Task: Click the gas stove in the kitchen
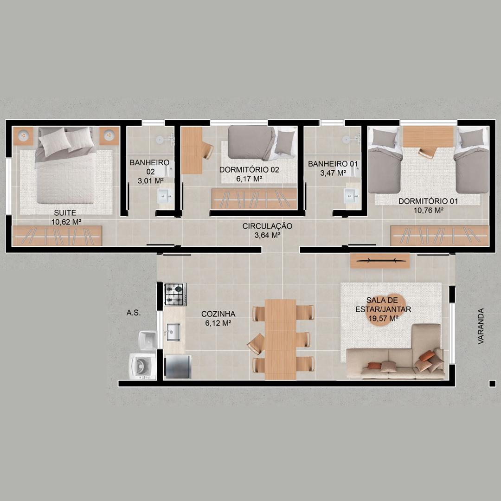[175, 294]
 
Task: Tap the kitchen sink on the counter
[173, 332]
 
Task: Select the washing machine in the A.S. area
[142, 366]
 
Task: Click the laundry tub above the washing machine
[148, 341]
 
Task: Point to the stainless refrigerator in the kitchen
[178, 367]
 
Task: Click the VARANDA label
[481, 326]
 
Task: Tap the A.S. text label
[133, 313]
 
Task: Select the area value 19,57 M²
[383, 319]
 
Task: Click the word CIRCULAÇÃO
[267, 226]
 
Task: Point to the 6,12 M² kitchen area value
[218, 323]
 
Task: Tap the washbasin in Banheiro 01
[352, 196]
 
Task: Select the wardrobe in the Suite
[57, 236]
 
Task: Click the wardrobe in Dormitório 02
[254, 199]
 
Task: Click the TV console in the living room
[379, 261]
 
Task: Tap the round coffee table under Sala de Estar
[385, 309]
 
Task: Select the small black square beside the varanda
[492, 384]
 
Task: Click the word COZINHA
[218, 314]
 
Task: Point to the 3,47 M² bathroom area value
[333, 173]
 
